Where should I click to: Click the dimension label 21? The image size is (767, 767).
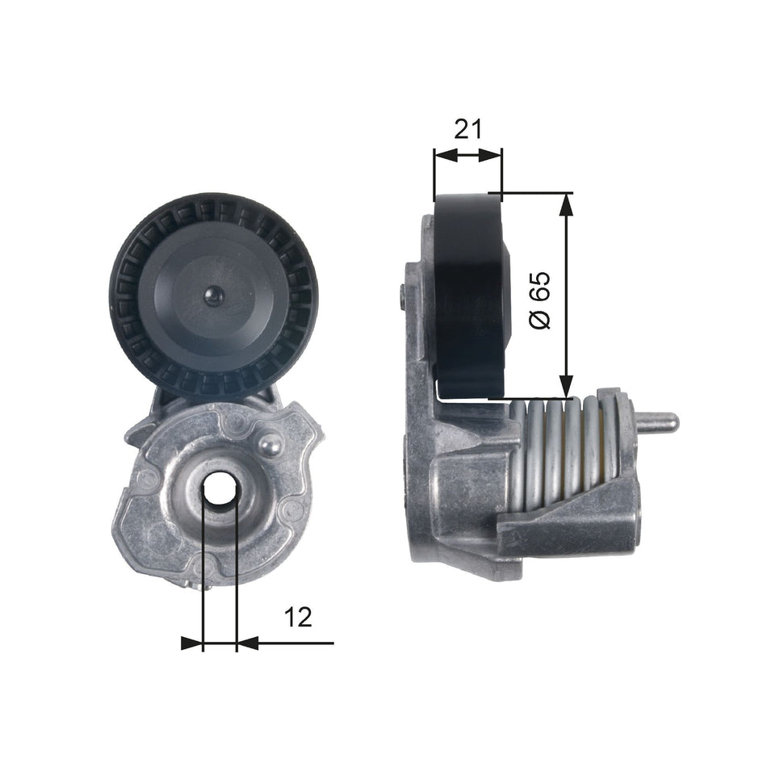click(x=467, y=128)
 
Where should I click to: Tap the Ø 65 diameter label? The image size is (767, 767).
click(x=539, y=299)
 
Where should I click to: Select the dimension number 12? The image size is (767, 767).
click(x=298, y=618)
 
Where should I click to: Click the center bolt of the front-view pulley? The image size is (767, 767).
click(x=214, y=295)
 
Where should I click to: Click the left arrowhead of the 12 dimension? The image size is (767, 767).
click(x=192, y=643)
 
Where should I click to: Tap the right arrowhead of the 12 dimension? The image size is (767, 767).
click(x=246, y=643)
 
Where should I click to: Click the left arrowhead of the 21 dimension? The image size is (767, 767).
click(x=443, y=155)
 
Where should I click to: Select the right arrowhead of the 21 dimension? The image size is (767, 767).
click(x=492, y=155)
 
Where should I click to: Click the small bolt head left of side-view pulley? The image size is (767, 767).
click(x=402, y=296)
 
